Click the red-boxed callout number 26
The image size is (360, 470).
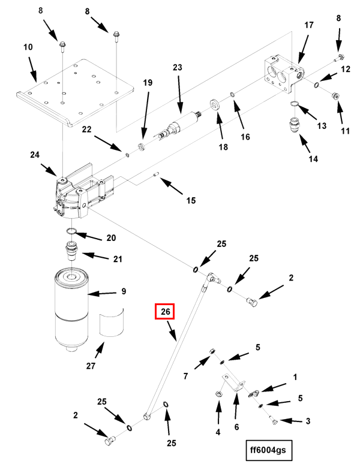click(165, 312)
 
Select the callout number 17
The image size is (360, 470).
click(309, 25)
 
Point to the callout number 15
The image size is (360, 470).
click(190, 200)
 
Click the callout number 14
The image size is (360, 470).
click(313, 159)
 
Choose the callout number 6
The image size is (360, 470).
click(236, 427)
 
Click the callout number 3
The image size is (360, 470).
click(308, 421)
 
